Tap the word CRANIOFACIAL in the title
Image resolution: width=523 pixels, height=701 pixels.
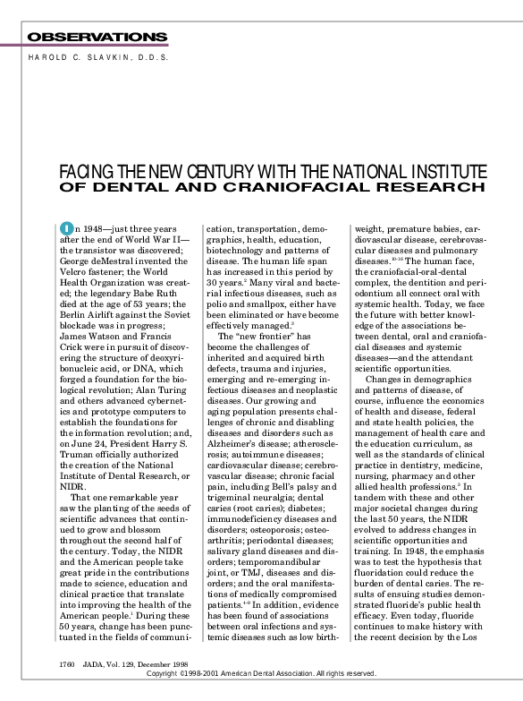[284, 187]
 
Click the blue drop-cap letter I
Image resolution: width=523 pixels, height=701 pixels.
[65, 230]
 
